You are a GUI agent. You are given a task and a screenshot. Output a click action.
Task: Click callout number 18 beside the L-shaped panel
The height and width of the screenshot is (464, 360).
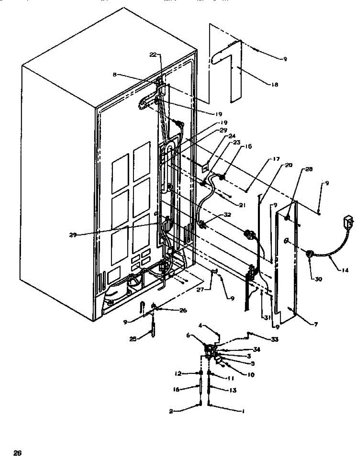click(x=275, y=84)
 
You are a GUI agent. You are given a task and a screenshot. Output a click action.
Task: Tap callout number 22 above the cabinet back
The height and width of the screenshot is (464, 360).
click(x=153, y=55)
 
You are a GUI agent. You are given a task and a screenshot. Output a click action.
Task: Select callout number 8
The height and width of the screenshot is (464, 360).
click(x=115, y=75)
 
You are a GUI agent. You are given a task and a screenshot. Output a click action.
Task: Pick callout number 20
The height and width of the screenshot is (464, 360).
click(x=289, y=165)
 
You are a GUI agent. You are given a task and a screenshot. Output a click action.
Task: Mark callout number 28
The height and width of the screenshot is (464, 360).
click(x=309, y=169)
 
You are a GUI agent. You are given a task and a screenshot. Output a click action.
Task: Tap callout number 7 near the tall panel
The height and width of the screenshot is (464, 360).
click(x=316, y=325)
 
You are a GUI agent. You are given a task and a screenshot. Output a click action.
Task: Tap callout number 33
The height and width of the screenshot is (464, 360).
click(x=274, y=339)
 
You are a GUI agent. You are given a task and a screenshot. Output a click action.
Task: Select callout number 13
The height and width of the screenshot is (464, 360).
click(x=233, y=390)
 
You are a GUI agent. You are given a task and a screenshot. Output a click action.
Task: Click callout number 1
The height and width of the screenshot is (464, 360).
click(x=243, y=412)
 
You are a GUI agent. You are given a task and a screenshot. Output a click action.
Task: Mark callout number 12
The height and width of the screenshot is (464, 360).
click(x=177, y=374)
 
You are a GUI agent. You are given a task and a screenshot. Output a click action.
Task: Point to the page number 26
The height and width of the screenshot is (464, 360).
click(x=17, y=453)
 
